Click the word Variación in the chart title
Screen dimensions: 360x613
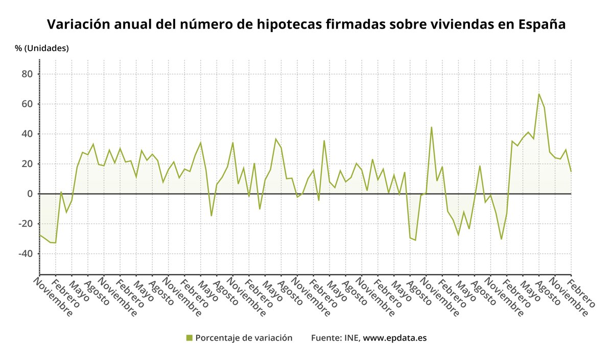click(x=78, y=25)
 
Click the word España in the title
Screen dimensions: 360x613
click(x=541, y=25)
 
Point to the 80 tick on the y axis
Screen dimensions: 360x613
click(x=27, y=74)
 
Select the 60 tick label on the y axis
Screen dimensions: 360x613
click(x=27, y=104)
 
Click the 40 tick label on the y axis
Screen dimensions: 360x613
click(x=27, y=134)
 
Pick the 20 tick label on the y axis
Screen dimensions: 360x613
click(x=27, y=164)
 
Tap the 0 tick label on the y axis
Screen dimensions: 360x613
click(x=30, y=194)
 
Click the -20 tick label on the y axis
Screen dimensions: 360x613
click(x=26, y=224)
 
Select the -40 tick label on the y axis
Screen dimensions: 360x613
click(x=26, y=254)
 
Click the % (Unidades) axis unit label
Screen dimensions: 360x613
click(x=42, y=49)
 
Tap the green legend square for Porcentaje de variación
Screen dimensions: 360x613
click(x=190, y=338)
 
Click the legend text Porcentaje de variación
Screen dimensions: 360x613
click(x=244, y=338)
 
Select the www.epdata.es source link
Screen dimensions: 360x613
click(x=394, y=338)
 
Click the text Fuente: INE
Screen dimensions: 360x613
click(x=335, y=338)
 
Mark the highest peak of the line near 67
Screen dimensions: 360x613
click(x=538, y=94)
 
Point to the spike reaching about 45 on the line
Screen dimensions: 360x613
click(x=431, y=127)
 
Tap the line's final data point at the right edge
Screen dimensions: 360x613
click(x=571, y=171)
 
